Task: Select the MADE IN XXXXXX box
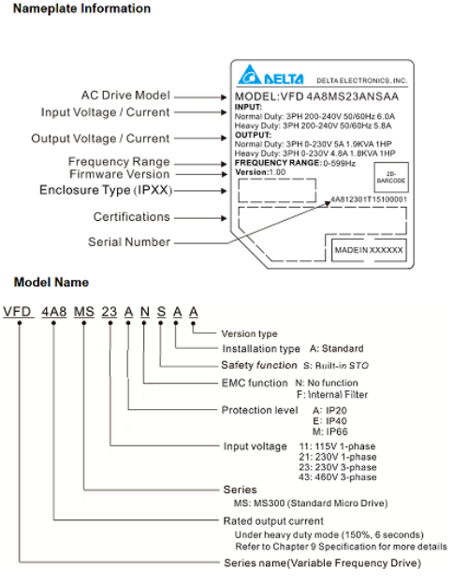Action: [369, 251]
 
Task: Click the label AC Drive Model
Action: [125, 95]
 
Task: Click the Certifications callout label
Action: [132, 217]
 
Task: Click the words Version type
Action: [249, 334]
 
